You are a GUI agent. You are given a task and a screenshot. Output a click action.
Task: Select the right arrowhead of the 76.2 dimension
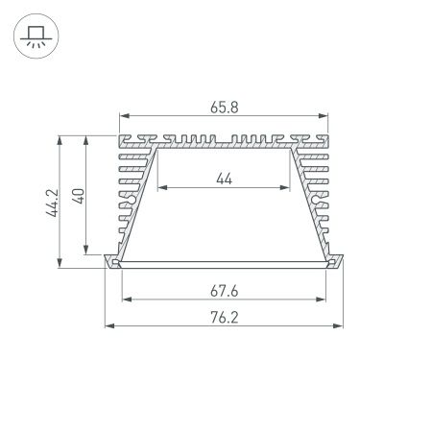click(x=342, y=326)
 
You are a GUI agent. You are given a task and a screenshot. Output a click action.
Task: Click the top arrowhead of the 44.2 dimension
click(x=61, y=137)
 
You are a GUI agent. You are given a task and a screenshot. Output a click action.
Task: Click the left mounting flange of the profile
click(x=109, y=261)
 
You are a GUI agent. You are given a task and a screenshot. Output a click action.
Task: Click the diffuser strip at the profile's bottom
click(x=224, y=262)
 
